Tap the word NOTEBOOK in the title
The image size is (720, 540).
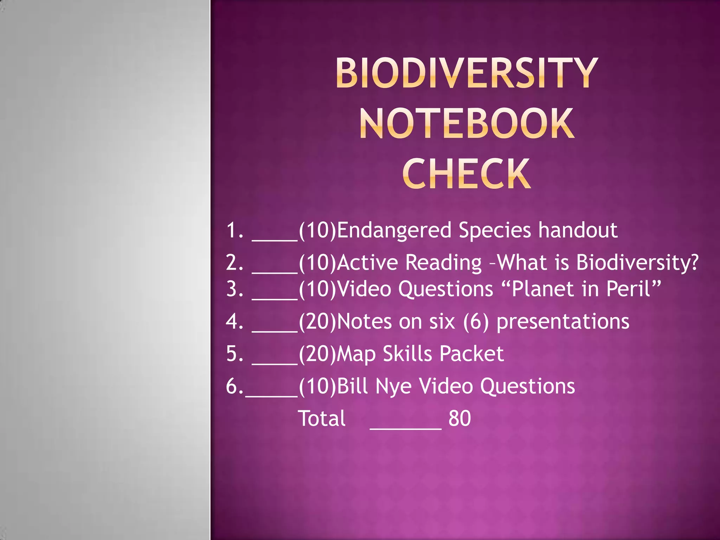click(x=467, y=124)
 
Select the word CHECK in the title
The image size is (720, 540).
click(x=467, y=174)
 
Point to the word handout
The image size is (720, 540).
click(x=578, y=231)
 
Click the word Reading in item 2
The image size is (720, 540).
click(x=443, y=263)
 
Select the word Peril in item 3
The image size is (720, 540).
click(x=629, y=289)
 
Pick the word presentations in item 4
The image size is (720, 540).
click(x=562, y=322)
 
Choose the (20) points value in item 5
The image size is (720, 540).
click(x=317, y=354)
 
